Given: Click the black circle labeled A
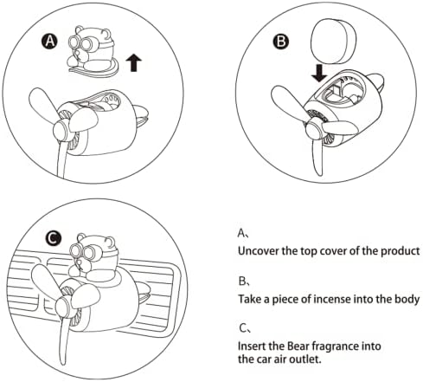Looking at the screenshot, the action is [x=50, y=41].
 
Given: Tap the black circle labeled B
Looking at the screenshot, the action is [x=281, y=42].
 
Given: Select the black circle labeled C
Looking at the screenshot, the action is [x=54, y=238].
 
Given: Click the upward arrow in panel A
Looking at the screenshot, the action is [x=134, y=63].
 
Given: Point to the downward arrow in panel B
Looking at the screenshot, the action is [x=319, y=73].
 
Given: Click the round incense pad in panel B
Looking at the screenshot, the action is [x=333, y=42].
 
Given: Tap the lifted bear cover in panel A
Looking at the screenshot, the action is [x=92, y=52].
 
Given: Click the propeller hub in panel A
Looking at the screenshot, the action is [x=61, y=131].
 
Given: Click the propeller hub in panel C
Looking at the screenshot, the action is [x=63, y=308].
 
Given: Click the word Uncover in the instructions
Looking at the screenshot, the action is [x=259, y=250].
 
